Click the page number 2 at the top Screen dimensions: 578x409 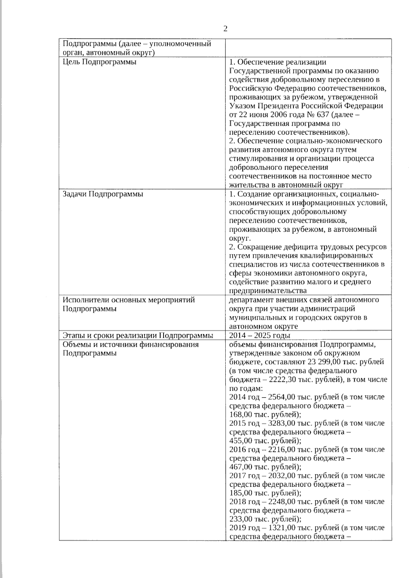(225, 29)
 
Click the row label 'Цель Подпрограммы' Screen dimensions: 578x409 (100, 62)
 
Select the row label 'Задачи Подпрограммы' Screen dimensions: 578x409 (103, 194)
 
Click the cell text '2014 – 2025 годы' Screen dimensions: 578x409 (259, 335)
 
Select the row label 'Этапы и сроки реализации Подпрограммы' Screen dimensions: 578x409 (138, 335)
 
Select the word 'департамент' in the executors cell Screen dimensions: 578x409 (250, 300)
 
